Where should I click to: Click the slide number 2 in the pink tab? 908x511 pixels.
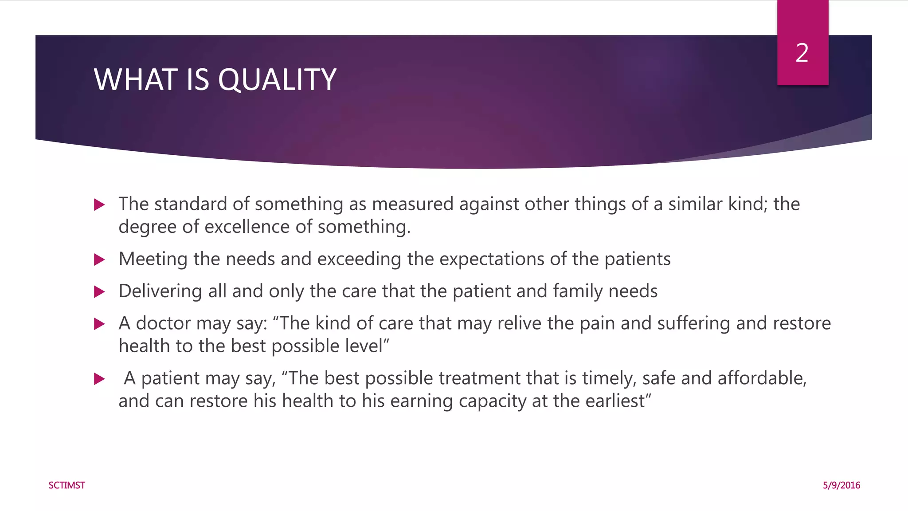pos(802,53)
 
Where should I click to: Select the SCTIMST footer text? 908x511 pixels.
pos(67,485)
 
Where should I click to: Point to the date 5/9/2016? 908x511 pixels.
pos(841,485)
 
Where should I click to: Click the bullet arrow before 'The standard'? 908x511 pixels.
pos(100,205)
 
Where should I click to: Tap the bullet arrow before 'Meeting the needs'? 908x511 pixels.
pos(100,259)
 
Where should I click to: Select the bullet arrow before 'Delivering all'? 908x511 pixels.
pos(100,292)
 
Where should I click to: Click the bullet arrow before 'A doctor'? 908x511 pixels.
pos(100,324)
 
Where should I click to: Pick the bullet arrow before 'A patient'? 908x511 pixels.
pos(100,379)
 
